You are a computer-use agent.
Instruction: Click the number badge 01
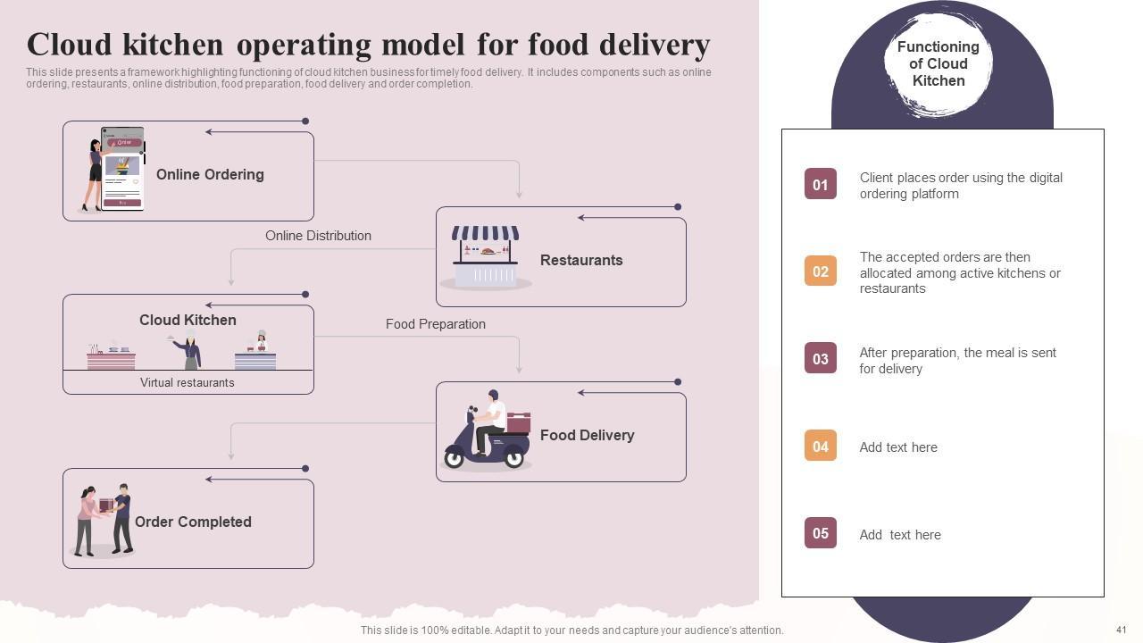820,184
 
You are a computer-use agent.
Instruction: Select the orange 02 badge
820,271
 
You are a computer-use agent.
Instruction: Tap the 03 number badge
820,359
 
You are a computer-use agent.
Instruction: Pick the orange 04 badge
820,446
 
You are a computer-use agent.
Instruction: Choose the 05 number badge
820,533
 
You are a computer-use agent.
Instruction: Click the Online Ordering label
210,175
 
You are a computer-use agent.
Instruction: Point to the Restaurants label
581,261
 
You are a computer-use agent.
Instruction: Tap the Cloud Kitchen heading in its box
188,320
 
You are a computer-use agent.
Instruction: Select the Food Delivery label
587,436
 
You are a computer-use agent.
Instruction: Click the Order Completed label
193,522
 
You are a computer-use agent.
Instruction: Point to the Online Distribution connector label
318,236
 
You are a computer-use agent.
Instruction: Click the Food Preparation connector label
436,324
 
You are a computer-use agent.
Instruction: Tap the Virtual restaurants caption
188,383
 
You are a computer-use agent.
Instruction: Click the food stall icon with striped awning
485,256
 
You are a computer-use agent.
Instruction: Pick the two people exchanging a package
104,520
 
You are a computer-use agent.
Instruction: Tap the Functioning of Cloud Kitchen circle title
938,63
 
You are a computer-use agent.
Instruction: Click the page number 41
1122,630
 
